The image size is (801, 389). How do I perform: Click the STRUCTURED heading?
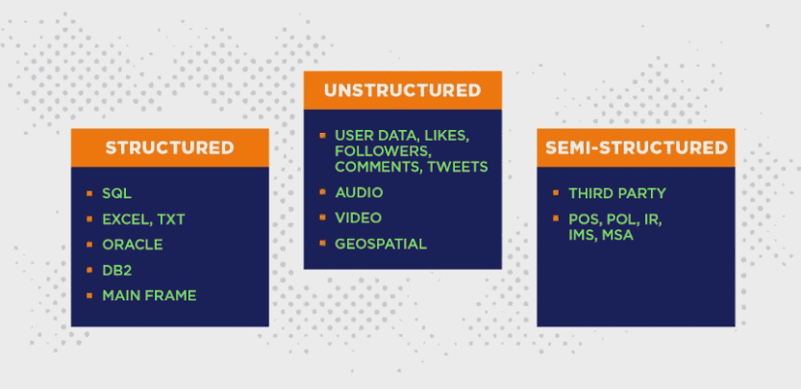(x=169, y=147)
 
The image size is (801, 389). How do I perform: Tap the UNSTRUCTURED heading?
(x=402, y=91)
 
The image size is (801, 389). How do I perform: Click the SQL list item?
(x=116, y=194)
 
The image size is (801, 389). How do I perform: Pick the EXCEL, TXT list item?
(x=143, y=220)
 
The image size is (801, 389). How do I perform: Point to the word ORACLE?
(x=132, y=245)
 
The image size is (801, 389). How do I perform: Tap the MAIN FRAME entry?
(x=149, y=295)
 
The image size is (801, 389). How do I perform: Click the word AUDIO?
(x=359, y=193)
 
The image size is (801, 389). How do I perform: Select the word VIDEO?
(x=358, y=218)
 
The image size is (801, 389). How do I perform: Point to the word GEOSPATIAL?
(x=381, y=244)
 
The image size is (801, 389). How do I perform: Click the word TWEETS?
(x=458, y=167)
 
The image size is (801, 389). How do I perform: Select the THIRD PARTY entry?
(x=616, y=194)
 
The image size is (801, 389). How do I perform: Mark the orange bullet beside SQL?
(x=88, y=194)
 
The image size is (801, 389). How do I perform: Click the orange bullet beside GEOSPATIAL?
(x=322, y=244)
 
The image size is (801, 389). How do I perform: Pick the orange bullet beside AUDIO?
(x=322, y=193)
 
